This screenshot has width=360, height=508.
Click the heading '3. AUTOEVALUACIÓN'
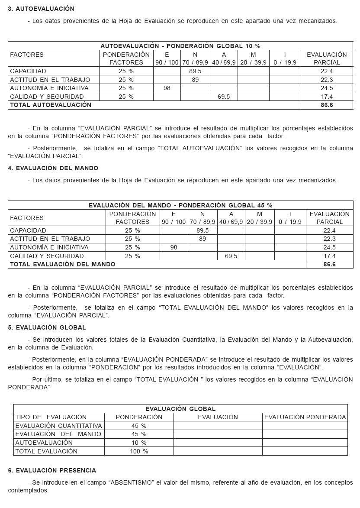point(41,9)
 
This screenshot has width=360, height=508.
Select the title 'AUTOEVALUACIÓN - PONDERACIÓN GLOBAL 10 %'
point(180,46)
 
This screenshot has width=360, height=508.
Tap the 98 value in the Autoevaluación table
point(167,88)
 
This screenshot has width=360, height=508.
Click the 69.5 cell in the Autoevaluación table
point(224,97)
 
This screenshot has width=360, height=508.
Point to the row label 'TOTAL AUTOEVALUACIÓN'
point(51,105)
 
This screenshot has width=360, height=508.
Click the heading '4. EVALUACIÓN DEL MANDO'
point(53,168)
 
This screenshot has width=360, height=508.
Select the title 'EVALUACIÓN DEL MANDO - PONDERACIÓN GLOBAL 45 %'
point(180,205)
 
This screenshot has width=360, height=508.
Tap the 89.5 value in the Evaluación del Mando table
point(202,230)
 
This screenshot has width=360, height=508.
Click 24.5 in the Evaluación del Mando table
point(329,247)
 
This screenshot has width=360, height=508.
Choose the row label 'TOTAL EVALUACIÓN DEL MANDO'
point(63,264)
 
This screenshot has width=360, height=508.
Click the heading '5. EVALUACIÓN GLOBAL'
point(47,327)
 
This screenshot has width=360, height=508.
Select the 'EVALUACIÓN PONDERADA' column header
point(305,417)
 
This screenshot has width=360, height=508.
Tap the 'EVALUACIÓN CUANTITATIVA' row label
point(58,426)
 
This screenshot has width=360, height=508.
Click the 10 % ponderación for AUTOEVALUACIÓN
point(139,443)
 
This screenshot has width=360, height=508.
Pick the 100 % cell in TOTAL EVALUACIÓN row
point(139,451)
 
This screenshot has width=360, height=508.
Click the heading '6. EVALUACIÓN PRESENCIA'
point(52,470)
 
